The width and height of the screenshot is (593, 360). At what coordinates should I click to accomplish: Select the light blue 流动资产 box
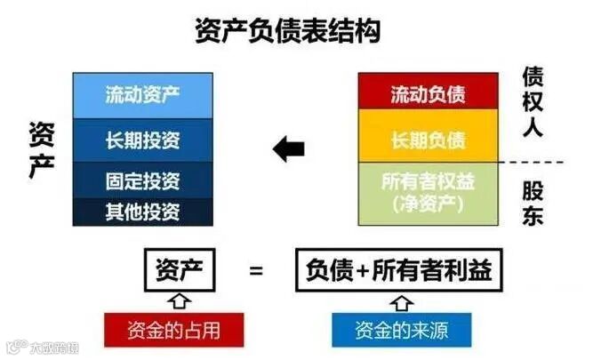(x=142, y=92)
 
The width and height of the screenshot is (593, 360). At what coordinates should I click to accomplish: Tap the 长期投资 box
(x=142, y=139)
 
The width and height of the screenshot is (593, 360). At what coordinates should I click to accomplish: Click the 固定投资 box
(x=142, y=181)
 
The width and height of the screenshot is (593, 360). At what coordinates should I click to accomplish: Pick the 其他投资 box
(x=142, y=212)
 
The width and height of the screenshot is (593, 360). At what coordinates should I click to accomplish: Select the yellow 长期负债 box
(x=429, y=140)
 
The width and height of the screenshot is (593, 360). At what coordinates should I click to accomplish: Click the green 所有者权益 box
(x=429, y=192)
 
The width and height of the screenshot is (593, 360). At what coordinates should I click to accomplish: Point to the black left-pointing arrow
(x=289, y=148)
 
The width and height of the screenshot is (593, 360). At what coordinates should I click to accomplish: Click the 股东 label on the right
(x=533, y=203)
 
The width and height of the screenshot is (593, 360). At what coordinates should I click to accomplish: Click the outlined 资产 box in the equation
(x=179, y=269)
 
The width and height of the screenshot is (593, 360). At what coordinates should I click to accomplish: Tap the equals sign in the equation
(x=256, y=269)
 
